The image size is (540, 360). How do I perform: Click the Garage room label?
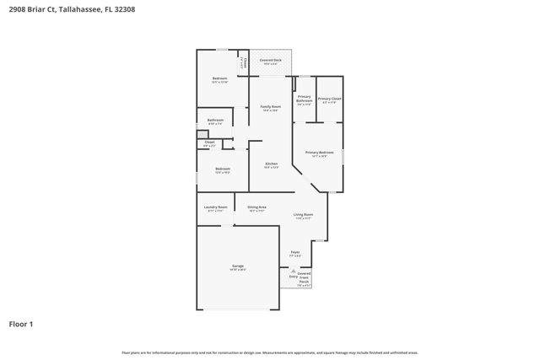pyautogui.click(x=238, y=266)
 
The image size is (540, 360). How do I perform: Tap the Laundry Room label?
pyautogui.click(x=216, y=207)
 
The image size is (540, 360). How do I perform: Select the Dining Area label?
pyautogui.click(x=256, y=207)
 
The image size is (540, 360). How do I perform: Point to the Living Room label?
pyautogui.click(x=304, y=216)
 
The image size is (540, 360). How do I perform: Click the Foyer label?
pyautogui.click(x=295, y=252)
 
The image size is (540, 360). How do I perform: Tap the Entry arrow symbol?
pyautogui.click(x=293, y=271)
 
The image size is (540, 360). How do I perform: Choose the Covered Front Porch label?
pyautogui.click(x=304, y=279)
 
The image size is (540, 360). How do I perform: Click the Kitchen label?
pyautogui.click(x=272, y=164)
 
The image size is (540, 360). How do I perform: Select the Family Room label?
pyautogui.click(x=270, y=107)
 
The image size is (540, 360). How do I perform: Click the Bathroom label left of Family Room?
pyautogui.click(x=215, y=120)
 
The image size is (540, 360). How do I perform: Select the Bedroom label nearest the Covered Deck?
pyautogui.click(x=219, y=79)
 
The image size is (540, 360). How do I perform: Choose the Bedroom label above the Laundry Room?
pyautogui.click(x=222, y=169)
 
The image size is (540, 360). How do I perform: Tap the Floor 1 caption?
pyautogui.click(x=21, y=323)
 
